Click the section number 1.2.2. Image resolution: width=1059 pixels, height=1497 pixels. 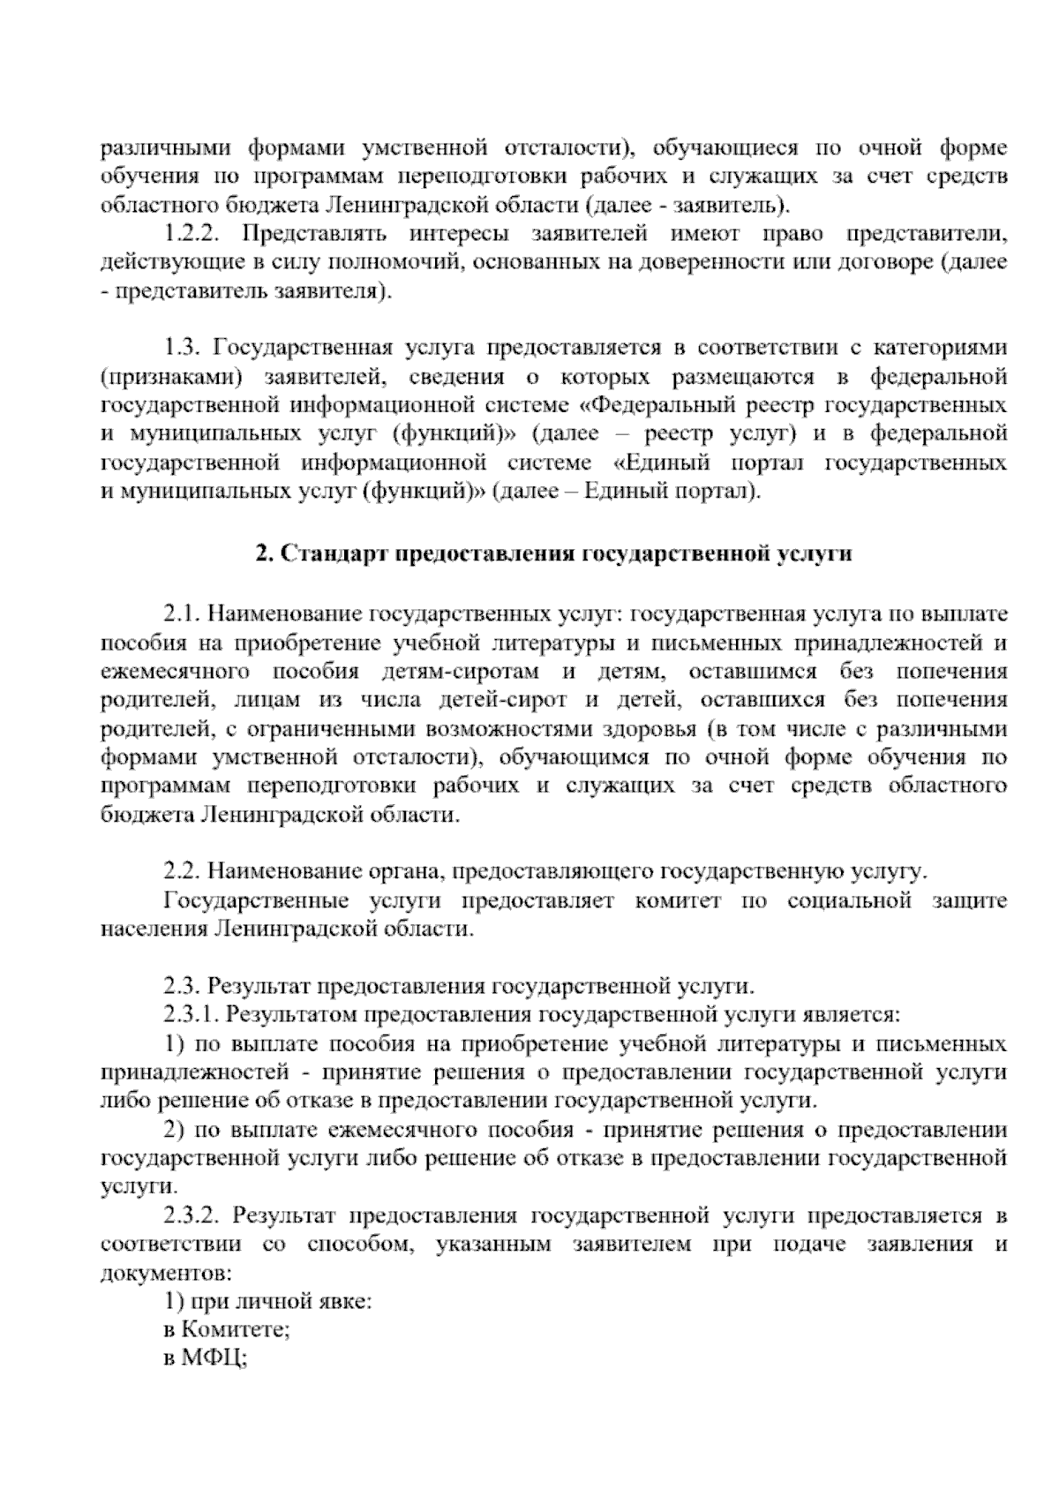(x=197, y=235)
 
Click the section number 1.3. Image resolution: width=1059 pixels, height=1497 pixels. (x=184, y=349)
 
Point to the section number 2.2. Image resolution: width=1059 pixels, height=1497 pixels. (x=183, y=873)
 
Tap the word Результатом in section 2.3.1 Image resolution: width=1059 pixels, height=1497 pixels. (x=287, y=1016)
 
